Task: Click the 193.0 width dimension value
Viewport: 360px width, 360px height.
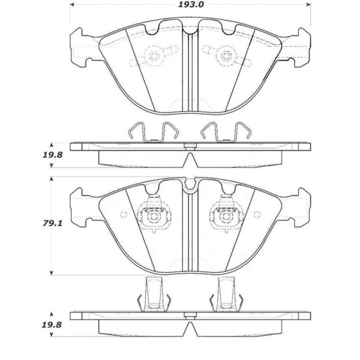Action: click(191, 5)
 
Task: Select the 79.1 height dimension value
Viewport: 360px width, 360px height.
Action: click(53, 223)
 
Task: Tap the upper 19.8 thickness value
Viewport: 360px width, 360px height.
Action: click(53, 155)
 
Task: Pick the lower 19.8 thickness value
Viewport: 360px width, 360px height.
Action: click(52, 325)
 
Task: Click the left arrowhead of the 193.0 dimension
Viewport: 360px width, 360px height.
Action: click(72, 5)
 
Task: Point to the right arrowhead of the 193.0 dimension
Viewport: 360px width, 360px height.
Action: click(308, 5)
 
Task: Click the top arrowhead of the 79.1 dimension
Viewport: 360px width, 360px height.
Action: click(52, 179)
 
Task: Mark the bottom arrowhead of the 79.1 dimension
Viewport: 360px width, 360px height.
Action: click(52, 273)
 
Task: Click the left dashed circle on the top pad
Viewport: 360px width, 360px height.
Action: click(154, 56)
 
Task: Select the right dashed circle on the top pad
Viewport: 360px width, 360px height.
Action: click(226, 56)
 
